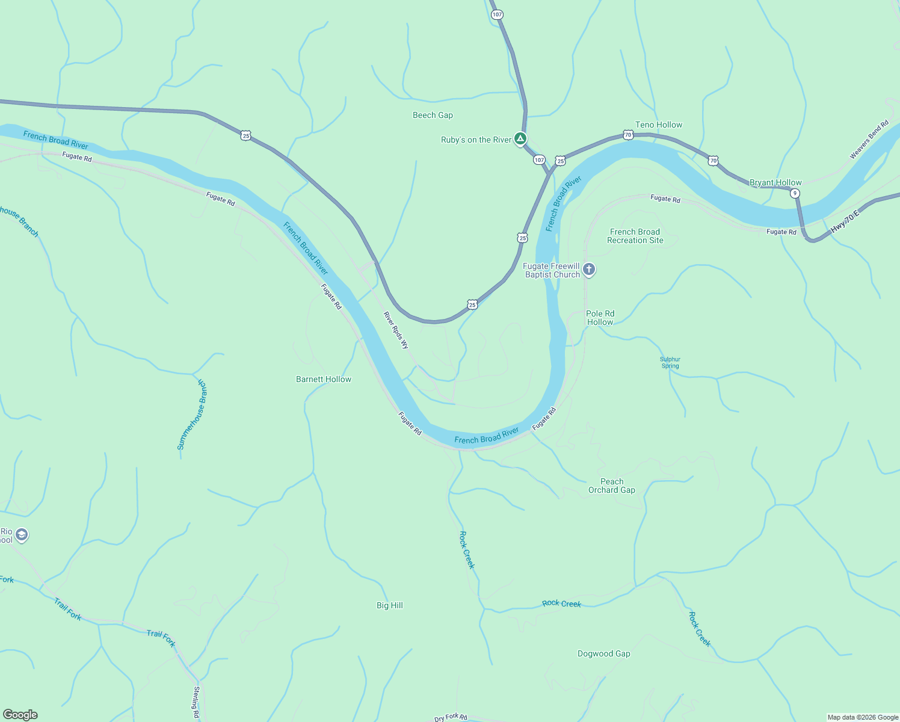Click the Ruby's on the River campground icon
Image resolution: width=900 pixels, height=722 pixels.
tap(520, 139)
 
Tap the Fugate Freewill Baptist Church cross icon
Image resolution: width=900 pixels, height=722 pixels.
tap(589, 270)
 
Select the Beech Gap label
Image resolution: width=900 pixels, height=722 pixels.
tap(433, 116)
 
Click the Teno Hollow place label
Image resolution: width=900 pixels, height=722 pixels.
tap(659, 125)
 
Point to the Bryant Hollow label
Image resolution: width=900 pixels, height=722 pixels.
tap(775, 183)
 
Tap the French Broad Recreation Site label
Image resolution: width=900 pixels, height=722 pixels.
tap(635, 236)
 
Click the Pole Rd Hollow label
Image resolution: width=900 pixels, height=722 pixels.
tap(600, 318)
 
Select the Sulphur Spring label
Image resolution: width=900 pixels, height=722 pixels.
tap(670, 363)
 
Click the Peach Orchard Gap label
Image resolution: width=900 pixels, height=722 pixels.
tap(612, 486)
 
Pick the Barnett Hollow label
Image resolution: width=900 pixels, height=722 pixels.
tap(324, 380)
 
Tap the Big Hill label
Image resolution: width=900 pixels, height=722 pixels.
tap(390, 606)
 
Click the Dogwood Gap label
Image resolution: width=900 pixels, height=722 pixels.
tap(604, 654)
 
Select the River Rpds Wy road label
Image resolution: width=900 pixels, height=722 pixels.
tap(396, 330)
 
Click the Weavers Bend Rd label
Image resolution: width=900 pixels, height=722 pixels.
tap(869, 140)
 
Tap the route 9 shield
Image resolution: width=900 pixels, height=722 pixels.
tap(795, 193)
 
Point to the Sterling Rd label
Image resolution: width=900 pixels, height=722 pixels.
tap(196, 702)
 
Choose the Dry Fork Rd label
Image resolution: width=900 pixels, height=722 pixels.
tap(451, 717)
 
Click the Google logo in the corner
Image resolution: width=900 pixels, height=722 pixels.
tap(20, 715)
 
